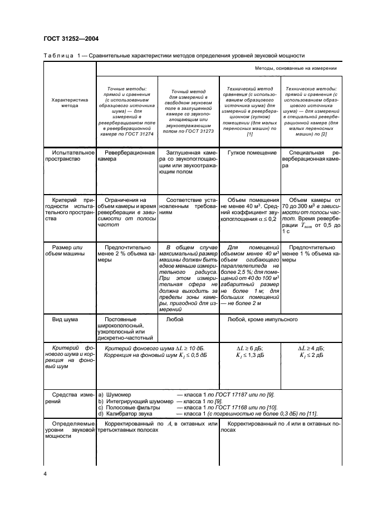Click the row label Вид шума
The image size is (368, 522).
click(64, 320)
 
